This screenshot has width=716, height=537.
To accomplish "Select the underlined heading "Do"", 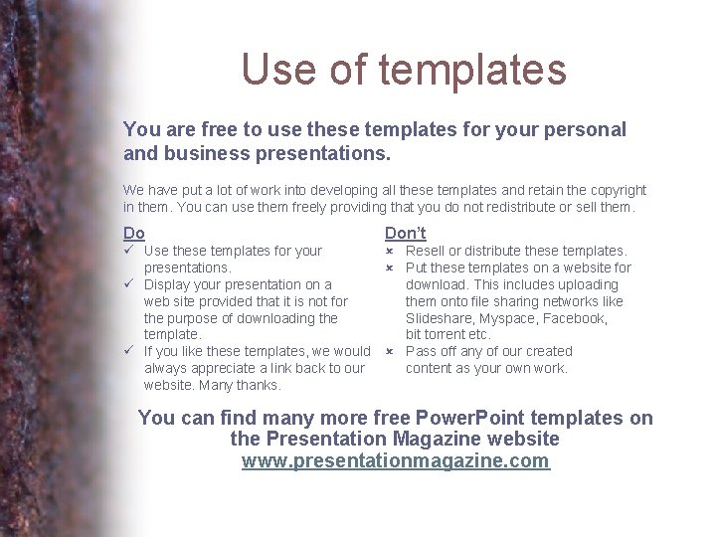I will [134, 233].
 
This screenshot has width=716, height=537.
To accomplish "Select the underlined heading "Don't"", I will [406, 233].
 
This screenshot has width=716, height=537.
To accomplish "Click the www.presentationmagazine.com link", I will [396, 460].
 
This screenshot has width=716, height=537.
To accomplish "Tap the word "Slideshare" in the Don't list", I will [439, 318].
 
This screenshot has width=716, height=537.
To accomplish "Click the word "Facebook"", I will [574, 318].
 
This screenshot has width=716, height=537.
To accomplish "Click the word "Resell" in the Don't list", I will [425, 251].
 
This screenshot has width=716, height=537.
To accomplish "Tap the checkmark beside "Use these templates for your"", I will [129, 251].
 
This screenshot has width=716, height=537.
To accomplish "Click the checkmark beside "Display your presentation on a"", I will [129, 284].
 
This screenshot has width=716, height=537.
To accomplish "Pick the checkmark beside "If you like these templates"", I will [129, 351].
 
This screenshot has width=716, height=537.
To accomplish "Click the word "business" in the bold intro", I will [206, 154].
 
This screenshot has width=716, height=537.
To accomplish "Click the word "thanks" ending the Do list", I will [259, 385].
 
